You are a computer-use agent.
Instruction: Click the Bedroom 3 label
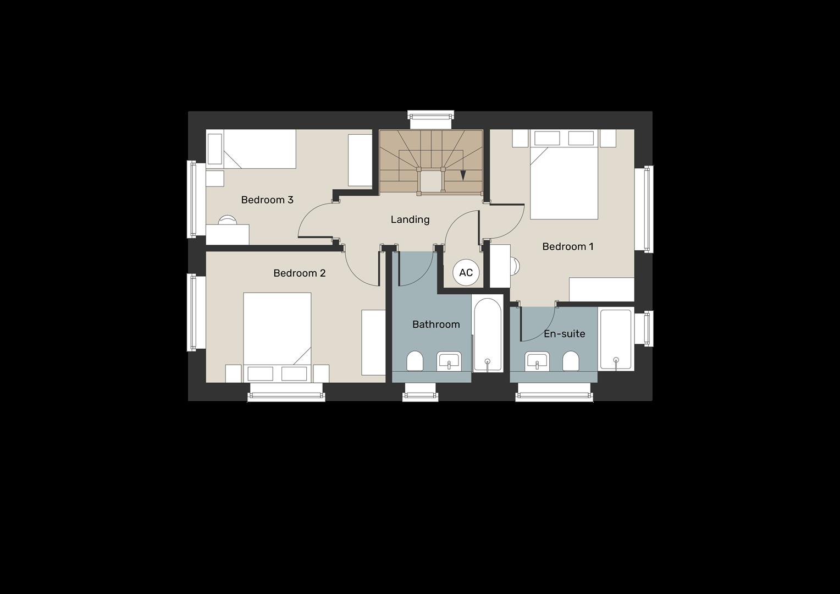(x=267, y=200)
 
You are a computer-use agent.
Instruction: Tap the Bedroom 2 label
(x=300, y=273)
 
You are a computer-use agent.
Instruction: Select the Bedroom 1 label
(x=567, y=246)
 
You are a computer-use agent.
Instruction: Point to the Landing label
(x=410, y=219)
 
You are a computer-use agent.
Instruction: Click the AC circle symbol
(x=466, y=273)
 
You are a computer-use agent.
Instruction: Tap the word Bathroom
(x=436, y=324)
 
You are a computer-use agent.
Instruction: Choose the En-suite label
(x=564, y=334)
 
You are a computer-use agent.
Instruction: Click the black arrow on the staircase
(x=463, y=175)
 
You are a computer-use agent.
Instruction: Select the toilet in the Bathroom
(x=415, y=361)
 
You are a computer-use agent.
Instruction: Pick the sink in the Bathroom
(x=449, y=362)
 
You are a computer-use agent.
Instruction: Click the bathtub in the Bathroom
(x=488, y=335)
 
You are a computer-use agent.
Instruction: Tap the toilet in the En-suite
(x=571, y=361)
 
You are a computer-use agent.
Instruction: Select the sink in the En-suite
(x=537, y=361)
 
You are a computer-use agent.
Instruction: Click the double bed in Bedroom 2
(x=277, y=333)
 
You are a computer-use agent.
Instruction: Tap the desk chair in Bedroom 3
(x=227, y=220)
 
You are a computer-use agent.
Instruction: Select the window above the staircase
(x=431, y=116)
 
